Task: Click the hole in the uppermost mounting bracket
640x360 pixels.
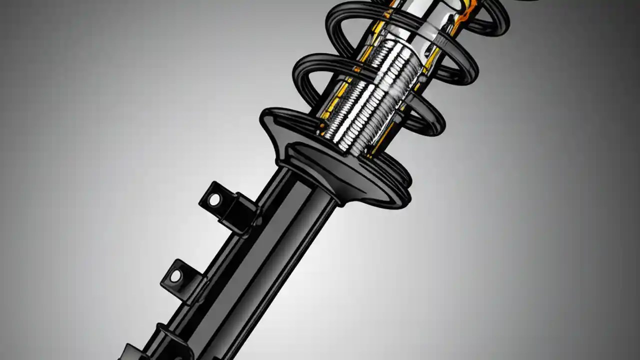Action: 214,200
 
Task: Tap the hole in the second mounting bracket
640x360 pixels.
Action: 176,275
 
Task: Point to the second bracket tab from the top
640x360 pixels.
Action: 183,280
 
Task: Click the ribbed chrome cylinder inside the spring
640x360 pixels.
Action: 380,95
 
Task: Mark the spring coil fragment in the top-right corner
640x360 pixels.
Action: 525,2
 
